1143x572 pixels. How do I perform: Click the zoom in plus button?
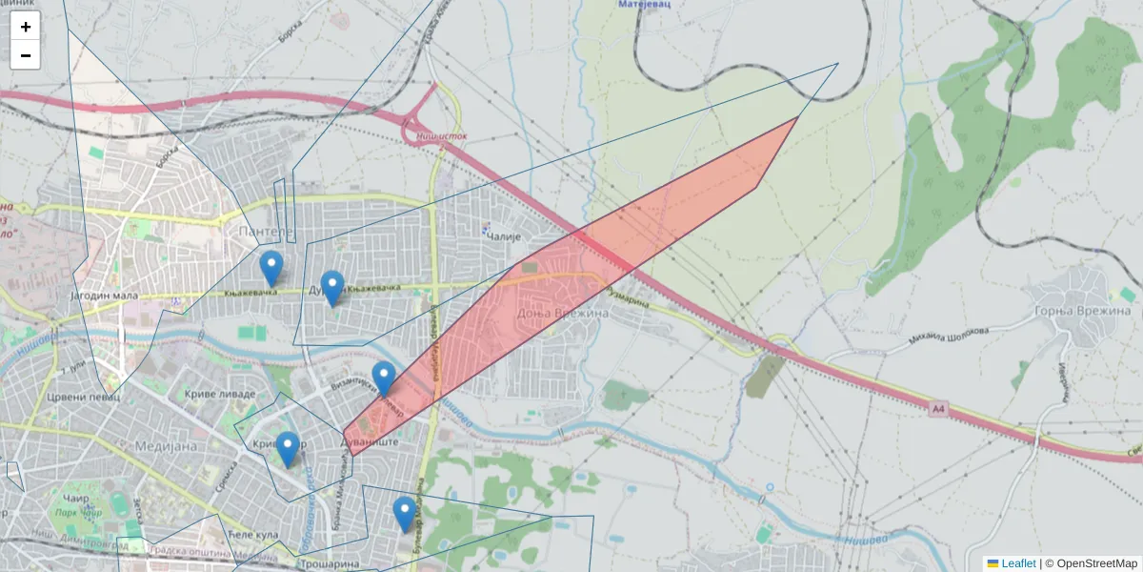click(26, 27)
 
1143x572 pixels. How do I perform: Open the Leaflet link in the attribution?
click(1017, 563)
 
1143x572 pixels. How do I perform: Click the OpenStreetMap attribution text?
click(1096, 563)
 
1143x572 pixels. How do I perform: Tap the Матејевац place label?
click(645, 5)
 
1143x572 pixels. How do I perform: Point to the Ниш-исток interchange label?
click(442, 136)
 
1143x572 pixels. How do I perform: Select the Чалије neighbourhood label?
click(506, 235)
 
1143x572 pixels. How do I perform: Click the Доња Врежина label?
click(548, 313)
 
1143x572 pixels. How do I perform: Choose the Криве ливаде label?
click(221, 394)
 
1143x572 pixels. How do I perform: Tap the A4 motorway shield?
click(938, 409)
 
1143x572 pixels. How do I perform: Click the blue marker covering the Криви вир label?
click(287, 449)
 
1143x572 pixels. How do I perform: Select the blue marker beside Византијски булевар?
click(384, 378)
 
